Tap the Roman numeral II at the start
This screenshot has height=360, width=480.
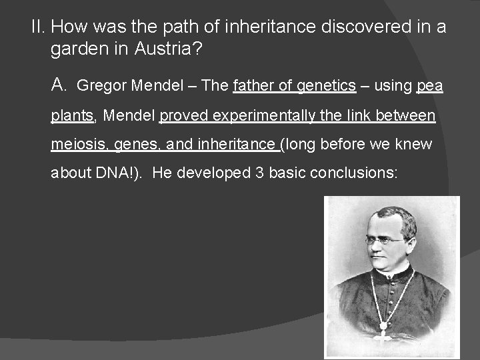[x=39, y=27]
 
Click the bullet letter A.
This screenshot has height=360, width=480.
[x=59, y=85]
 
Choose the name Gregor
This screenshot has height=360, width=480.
[x=102, y=86]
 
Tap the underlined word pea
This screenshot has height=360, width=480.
[x=430, y=86]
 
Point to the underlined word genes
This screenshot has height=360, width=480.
[x=136, y=145]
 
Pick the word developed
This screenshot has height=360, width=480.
[x=213, y=173]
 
